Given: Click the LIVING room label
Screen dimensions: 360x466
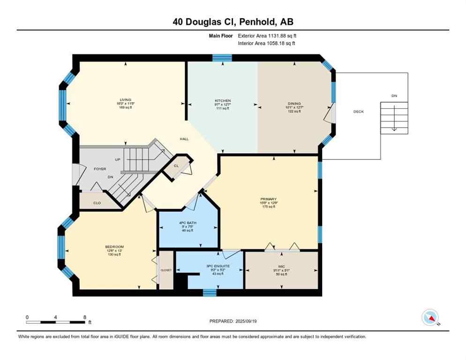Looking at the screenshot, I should [x=125, y=100].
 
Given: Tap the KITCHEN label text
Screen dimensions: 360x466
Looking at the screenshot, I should [x=223, y=101].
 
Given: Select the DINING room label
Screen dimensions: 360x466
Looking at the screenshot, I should [x=294, y=104].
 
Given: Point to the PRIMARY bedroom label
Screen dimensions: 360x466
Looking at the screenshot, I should [x=269, y=199].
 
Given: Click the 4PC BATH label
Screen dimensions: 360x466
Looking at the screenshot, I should [x=188, y=223].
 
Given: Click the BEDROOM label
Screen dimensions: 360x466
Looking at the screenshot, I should [x=114, y=247].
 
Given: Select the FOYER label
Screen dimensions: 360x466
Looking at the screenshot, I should [x=100, y=169].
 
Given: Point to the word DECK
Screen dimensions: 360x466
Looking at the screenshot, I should [x=359, y=112].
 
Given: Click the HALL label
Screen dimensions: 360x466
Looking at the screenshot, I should [x=184, y=139].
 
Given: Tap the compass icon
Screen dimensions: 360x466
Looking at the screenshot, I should [x=430, y=318].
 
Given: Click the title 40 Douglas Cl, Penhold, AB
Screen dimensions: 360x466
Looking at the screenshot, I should [x=233, y=22].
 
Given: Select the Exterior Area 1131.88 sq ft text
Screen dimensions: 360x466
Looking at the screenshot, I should [x=267, y=36].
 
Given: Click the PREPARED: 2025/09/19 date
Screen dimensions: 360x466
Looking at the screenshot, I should [x=233, y=321].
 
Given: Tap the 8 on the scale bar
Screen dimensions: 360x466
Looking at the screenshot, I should [x=84, y=317].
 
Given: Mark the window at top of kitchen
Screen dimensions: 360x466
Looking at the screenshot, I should [x=222, y=58].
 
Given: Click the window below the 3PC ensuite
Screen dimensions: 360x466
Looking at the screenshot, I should [x=210, y=293].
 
